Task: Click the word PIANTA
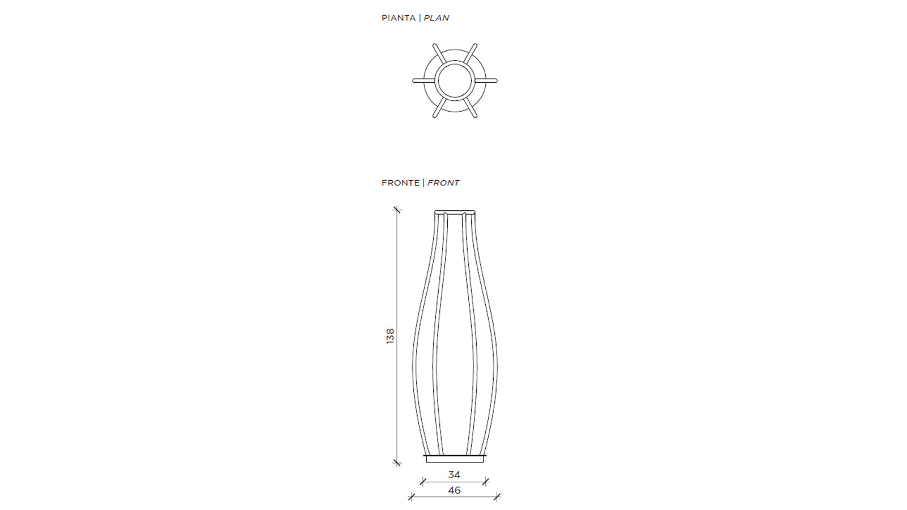click(x=399, y=18)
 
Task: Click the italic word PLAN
click(x=436, y=18)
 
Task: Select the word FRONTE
click(x=400, y=183)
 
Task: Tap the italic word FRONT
click(x=443, y=183)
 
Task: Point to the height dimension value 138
click(x=390, y=337)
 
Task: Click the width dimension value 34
click(x=454, y=474)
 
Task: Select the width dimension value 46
click(x=454, y=490)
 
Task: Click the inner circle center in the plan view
click(x=455, y=80)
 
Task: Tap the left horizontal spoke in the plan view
click(x=424, y=80)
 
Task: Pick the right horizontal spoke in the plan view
click(x=486, y=80)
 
